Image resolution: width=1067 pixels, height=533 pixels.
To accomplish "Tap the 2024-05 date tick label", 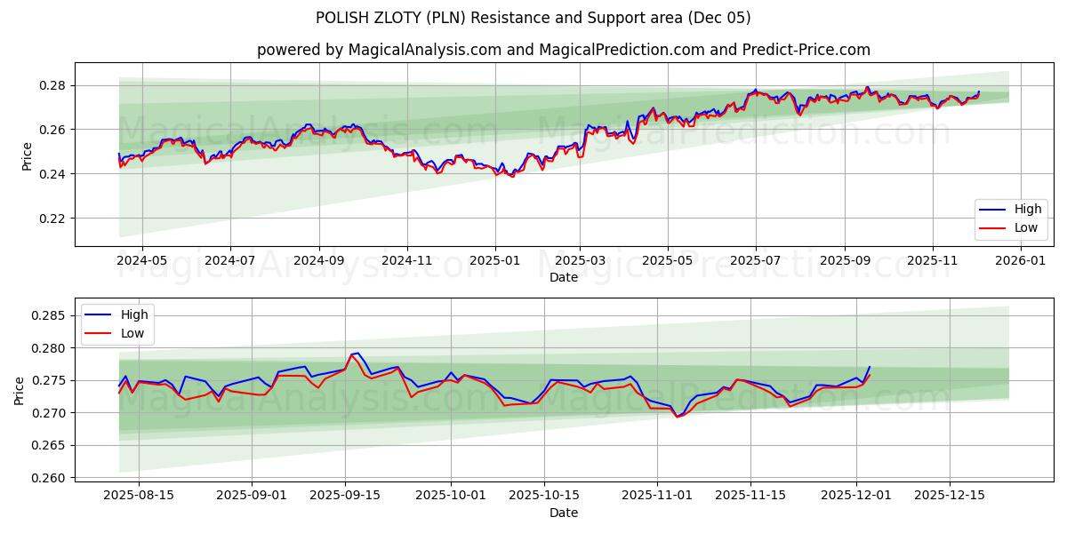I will pyautogui.click(x=141, y=261).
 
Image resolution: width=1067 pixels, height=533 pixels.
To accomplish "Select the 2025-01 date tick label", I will pyautogui.click(x=494, y=261).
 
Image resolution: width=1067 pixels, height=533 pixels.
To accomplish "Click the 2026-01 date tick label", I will pyautogui.click(x=1020, y=261).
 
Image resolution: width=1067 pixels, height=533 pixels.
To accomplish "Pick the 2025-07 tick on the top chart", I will pyautogui.click(x=755, y=261).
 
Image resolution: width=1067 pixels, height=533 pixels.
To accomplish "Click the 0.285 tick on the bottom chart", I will pyautogui.click(x=51, y=315).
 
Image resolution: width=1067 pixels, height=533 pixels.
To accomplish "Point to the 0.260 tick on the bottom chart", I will pyautogui.click(x=51, y=478).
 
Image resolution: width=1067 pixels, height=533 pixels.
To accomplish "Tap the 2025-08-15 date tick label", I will pyautogui.click(x=139, y=496).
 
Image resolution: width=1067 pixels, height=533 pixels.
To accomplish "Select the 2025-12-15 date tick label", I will pyautogui.click(x=951, y=496).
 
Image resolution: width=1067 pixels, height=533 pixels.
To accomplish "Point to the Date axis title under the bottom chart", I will pyautogui.click(x=563, y=513).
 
